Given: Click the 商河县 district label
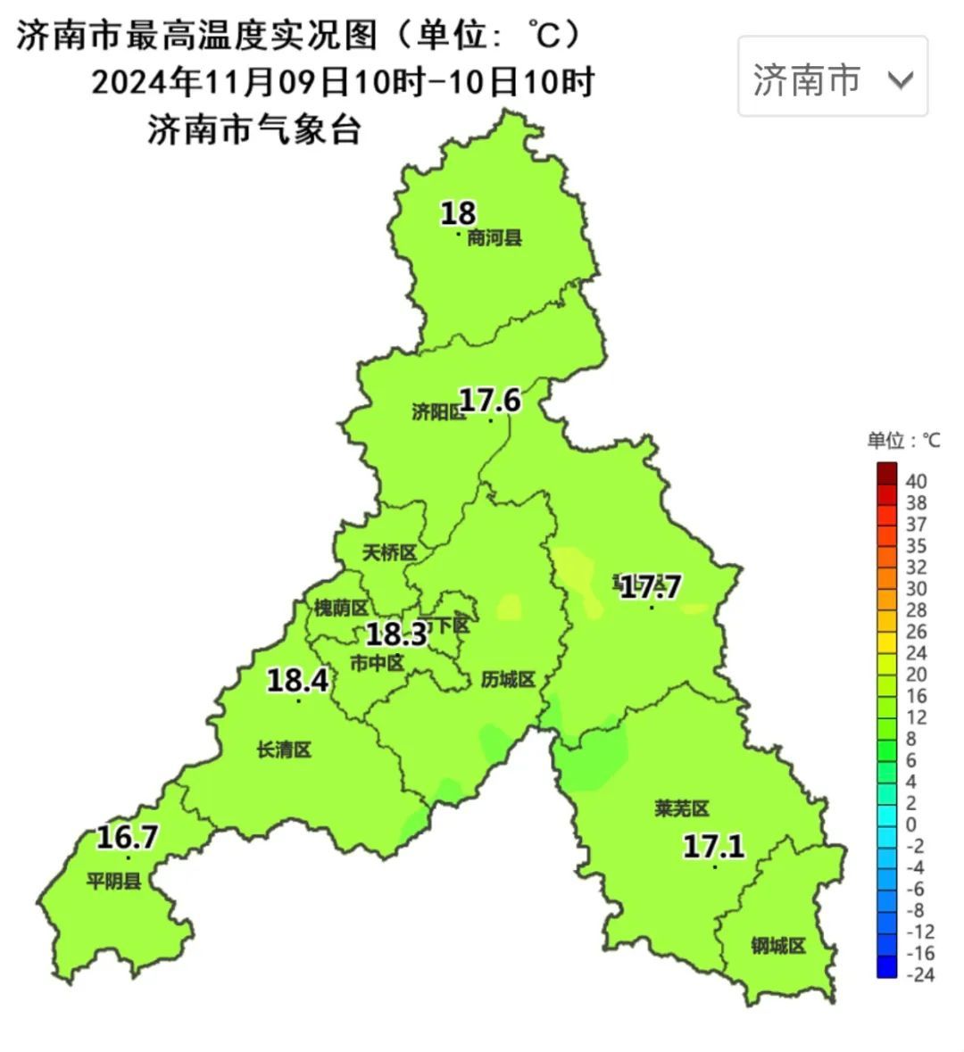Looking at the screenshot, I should pos(494,238).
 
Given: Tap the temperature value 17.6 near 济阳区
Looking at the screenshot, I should pos(490,400).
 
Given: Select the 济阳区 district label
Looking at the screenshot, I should pos(438,412).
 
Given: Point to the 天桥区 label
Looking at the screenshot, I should pos(389,553).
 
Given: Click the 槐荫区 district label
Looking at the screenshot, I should pos(340,609).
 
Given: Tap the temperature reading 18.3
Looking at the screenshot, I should pos(397,634).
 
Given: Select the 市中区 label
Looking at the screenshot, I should pos(377,663).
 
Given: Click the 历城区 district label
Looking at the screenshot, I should pos(508,680).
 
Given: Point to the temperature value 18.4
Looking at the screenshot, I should pos(298,681).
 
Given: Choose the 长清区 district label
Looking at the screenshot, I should pos(284,750).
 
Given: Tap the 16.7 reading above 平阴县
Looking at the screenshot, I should pos(127,837).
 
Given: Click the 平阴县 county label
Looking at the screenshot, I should pos(113,882).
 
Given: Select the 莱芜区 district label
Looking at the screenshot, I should pos(681,809).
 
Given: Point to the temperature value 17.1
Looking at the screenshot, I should pos(714,845).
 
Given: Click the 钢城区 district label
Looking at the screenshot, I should pos(778,946).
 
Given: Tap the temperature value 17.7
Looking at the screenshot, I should pos(651,587).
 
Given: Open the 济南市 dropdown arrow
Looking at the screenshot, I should pos(901,80).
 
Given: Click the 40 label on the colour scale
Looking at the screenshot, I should pos(916,482).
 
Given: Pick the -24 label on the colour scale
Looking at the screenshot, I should pos(919,974).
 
